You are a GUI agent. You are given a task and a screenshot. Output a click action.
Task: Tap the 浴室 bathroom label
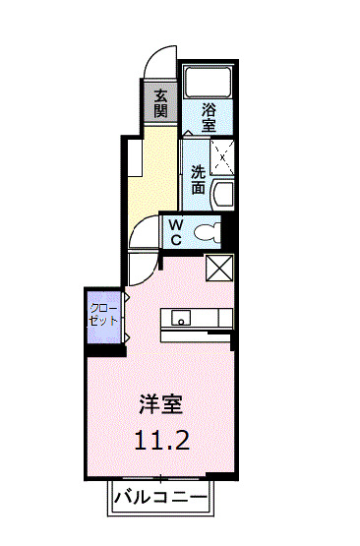pyautogui.click(x=209, y=118)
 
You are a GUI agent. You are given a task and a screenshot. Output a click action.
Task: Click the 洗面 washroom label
pyautogui.click(x=199, y=178)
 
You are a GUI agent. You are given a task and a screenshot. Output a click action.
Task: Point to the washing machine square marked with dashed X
pyautogui.click(x=224, y=155)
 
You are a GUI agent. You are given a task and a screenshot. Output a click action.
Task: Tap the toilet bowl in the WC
pyautogui.click(x=208, y=232)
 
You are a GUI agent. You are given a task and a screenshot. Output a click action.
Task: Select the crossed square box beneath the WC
pyautogui.click(x=218, y=267)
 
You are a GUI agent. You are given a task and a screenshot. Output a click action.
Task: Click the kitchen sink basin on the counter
pyautogui.click(x=181, y=317)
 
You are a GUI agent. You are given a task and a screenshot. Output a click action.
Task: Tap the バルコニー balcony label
pyautogui.click(x=159, y=495)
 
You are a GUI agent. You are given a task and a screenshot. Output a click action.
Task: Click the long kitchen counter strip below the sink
pyautogui.click(x=197, y=334)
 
